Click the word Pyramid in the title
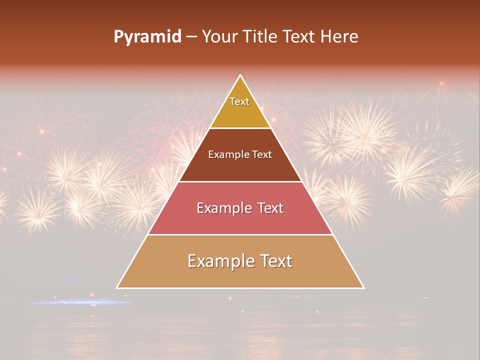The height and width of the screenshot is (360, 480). click(147, 37)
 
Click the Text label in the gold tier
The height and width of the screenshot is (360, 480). click(239, 101)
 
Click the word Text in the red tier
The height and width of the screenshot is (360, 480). click(270, 208)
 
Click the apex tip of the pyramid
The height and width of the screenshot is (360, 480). click(240, 75)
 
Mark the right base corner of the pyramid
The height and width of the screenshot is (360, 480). click(363, 287)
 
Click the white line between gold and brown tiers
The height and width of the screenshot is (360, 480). click(240, 128)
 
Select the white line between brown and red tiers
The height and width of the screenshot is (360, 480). click(240, 181)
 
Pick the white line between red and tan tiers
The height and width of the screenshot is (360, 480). click(240, 234)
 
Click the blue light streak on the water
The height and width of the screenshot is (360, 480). click(80, 302)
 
